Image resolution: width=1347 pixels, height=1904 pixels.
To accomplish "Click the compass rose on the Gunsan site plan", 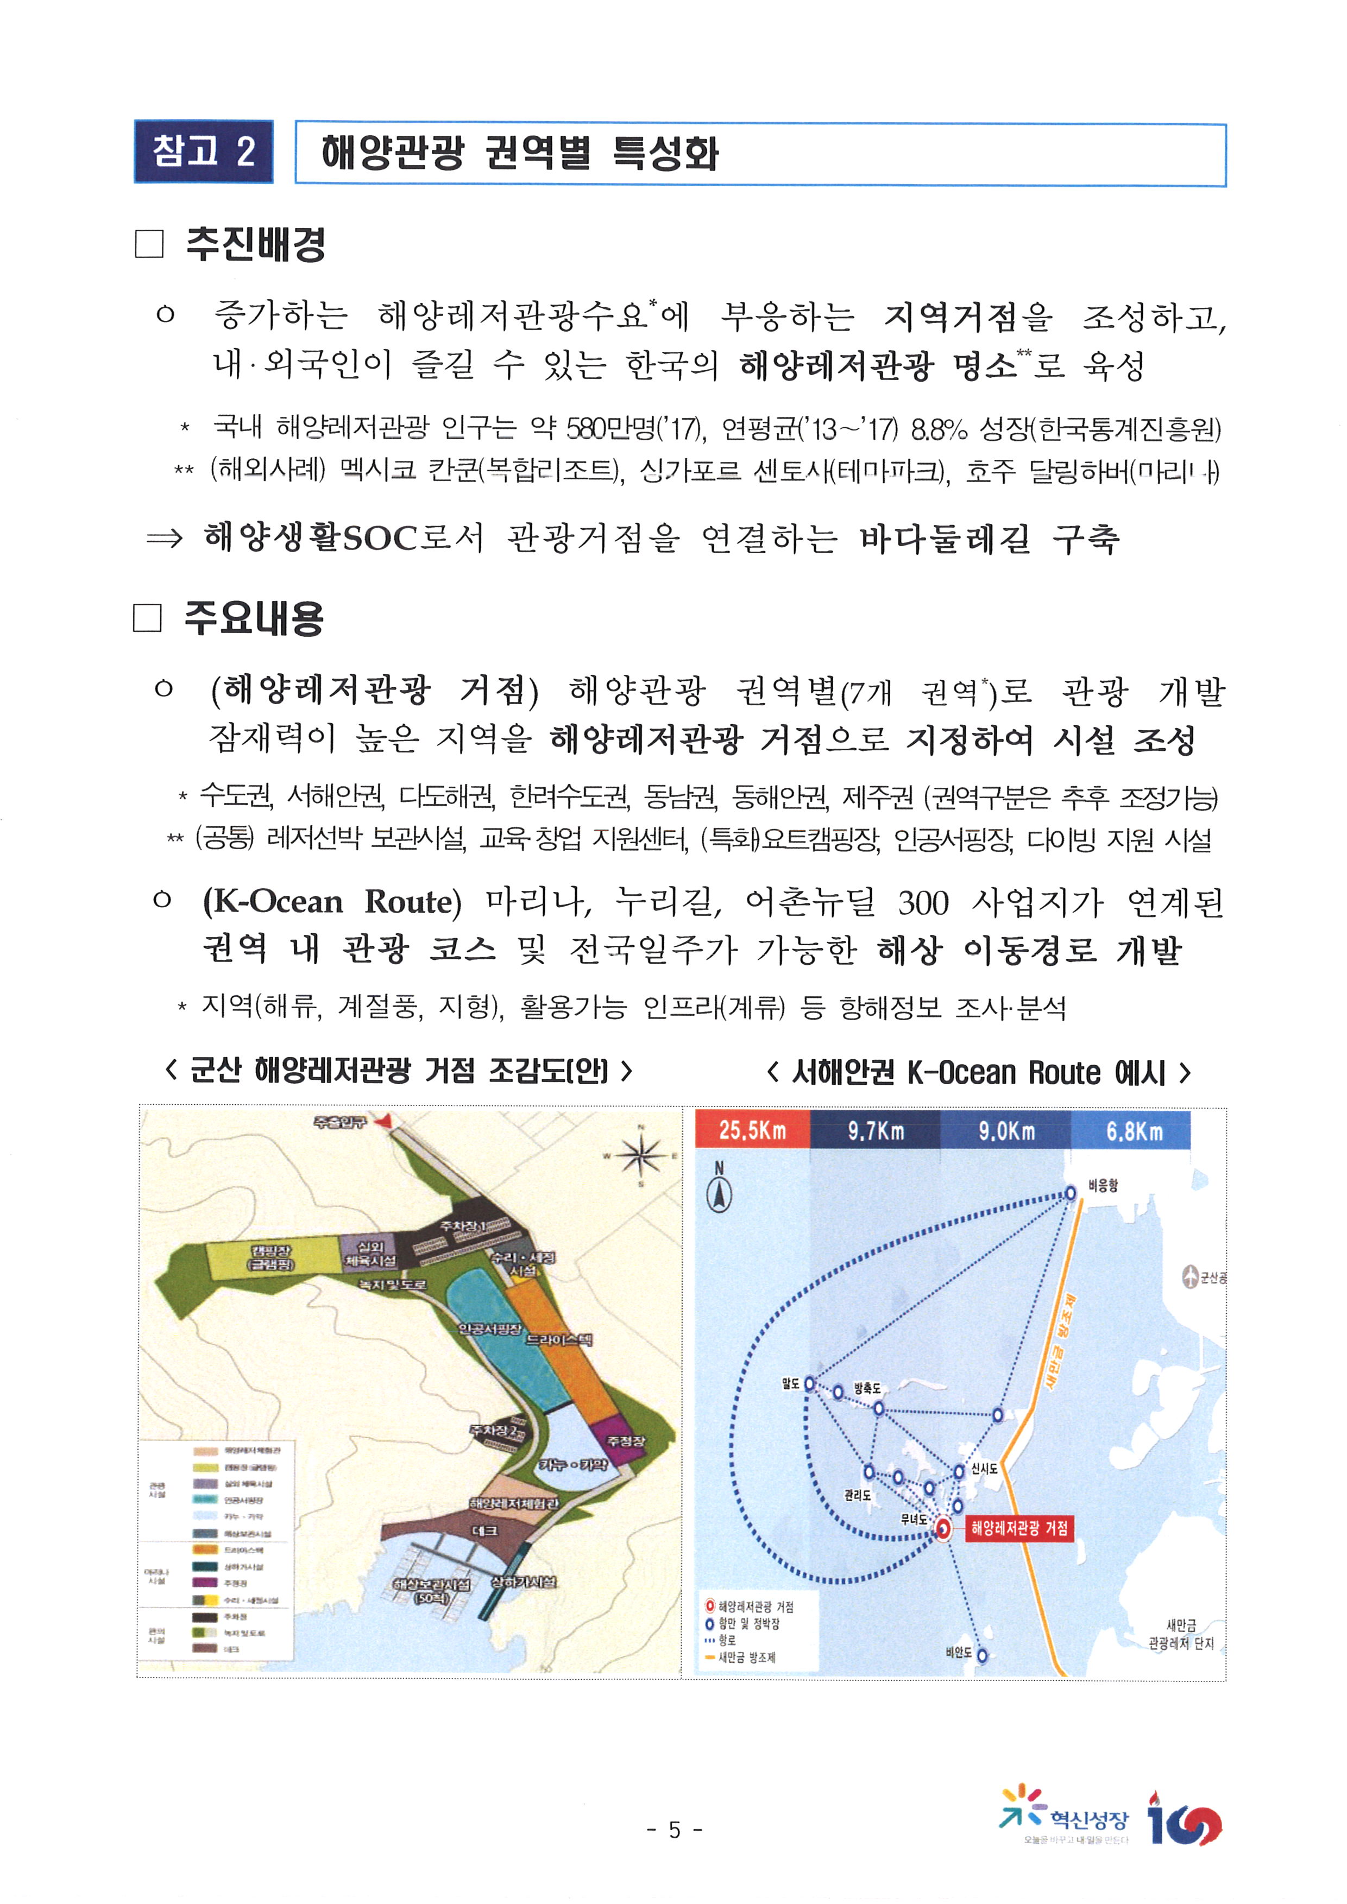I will coord(640,1155).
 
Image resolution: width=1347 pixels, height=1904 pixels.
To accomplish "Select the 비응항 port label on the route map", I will coord(1103,1185).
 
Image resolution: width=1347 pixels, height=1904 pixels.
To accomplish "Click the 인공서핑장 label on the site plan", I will coord(490,1329).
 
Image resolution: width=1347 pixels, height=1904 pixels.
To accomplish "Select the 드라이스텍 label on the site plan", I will coord(559,1339).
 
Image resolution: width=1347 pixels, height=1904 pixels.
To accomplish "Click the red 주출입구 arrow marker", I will coord(382,1121).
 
